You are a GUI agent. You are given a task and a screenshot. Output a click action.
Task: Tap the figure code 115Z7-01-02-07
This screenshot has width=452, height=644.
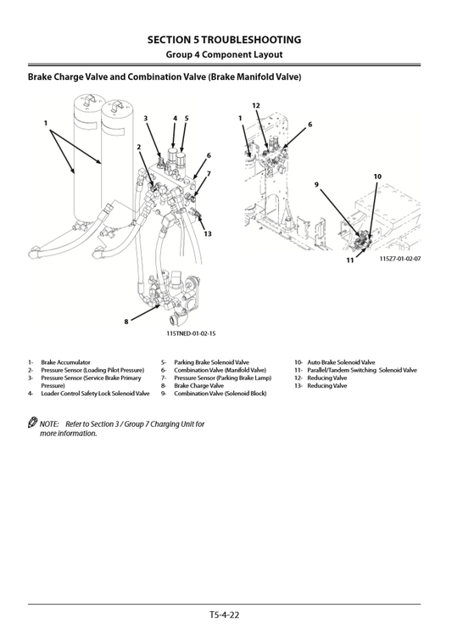400,258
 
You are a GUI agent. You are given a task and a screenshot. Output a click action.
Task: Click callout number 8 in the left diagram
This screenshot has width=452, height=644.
126,321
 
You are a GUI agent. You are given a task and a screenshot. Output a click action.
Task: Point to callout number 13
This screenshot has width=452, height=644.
207,233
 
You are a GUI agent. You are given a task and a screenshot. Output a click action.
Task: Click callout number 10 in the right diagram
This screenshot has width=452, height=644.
377,176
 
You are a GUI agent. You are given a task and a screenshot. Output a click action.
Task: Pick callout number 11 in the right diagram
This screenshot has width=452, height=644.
349,260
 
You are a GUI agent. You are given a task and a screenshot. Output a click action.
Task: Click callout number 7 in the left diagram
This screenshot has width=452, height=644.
208,173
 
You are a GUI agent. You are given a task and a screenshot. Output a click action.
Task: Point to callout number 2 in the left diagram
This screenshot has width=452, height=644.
138,147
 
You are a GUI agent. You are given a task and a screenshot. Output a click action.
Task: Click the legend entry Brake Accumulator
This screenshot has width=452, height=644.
65,362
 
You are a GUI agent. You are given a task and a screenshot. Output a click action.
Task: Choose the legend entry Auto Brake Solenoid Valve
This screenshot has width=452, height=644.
341,362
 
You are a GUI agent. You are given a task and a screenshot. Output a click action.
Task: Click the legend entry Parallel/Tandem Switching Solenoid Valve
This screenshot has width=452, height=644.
361,370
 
